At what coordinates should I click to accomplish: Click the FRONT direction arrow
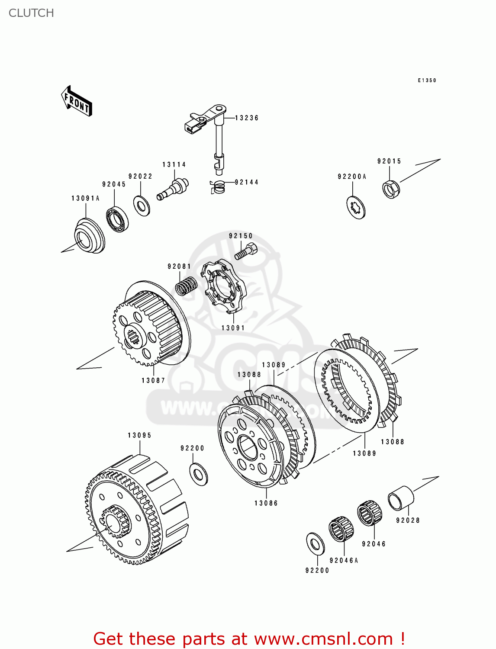(77, 101)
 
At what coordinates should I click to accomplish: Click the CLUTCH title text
(31, 13)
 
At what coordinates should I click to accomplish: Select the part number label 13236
(247, 118)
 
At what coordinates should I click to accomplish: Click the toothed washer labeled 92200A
(356, 207)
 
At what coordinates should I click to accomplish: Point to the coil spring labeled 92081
(187, 286)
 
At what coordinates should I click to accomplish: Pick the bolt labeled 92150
(245, 251)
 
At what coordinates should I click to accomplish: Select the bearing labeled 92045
(117, 220)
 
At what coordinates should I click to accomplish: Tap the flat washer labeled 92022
(142, 206)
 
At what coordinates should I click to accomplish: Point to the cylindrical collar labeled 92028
(400, 498)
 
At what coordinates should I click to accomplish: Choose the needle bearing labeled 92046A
(341, 529)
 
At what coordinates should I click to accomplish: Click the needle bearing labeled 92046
(370, 513)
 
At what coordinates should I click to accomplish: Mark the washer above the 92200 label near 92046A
(315, 543)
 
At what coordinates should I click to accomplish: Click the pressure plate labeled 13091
(224, 286)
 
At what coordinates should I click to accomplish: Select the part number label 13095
(139, 435)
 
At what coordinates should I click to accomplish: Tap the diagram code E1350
(427, 80)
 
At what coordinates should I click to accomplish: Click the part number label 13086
(266, 503)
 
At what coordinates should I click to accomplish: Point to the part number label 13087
(153, 380)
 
